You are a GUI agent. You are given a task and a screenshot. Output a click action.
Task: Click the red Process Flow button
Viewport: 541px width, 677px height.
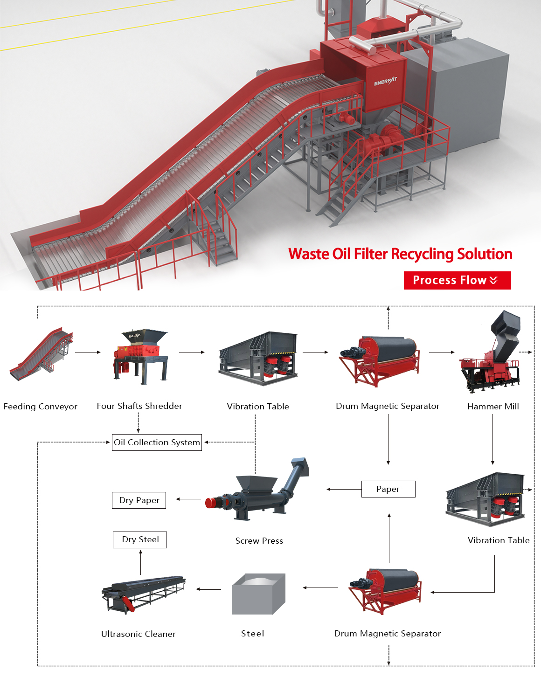coord(457,280)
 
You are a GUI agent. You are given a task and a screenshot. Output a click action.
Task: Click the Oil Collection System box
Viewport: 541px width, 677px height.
coord(157,442)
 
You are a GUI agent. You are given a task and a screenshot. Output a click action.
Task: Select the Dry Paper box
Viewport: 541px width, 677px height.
coord(139,500)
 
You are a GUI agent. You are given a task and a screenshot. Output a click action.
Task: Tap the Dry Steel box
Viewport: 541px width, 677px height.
coord(140,539)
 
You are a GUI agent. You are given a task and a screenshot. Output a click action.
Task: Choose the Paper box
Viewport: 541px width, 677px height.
coord(388,489)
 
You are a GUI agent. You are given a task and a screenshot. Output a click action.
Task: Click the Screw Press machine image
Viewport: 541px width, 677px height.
coord(257,492)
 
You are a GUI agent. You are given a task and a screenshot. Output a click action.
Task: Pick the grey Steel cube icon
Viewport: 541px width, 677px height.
coord(258,594)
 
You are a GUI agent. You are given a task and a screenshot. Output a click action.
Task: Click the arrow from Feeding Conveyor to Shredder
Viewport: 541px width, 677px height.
coord(88,352)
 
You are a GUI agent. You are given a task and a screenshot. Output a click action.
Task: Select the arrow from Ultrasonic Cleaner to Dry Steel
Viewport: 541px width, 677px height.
coord(140,562)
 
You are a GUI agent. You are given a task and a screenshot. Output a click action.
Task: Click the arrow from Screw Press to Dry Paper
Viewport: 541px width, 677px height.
coord(188,499)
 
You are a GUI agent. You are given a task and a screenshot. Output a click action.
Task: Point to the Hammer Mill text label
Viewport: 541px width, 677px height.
coord(493,407)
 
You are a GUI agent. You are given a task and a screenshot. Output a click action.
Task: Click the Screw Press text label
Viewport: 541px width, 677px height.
coord(259,541)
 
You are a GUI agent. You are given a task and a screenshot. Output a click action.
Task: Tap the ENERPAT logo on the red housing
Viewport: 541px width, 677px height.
coord(385,82)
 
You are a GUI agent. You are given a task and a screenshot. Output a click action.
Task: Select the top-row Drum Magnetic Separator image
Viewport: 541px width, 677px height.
coord(380,360)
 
